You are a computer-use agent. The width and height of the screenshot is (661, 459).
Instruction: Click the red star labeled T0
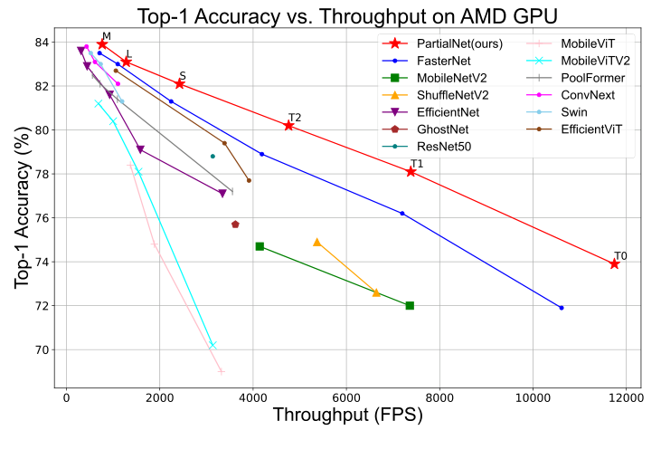pyautogui.click(x=614, y=263)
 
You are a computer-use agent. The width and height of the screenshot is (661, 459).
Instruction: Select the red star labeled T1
pyautogui.click(x=411, y=171)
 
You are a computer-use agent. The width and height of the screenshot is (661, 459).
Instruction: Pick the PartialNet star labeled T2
pyautogui.click(x=288, y=125)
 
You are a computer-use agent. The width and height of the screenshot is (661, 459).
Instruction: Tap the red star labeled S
pyautogui.click(x=179, y=83)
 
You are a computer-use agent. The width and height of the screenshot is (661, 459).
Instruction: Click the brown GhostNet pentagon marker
pyautogui.click(x=235, y=224)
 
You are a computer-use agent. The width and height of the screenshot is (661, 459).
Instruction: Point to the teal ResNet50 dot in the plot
pyautogui.click(x=212, y=156)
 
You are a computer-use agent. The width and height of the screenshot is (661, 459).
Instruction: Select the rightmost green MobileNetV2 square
pyautogui.click(x=410, y=305)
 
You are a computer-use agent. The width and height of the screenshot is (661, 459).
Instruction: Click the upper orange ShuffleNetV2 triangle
pyautogui.click(x=316, y=242)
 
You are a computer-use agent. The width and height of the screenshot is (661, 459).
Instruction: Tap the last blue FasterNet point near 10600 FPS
pyautogui.click(x=562, y=308)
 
